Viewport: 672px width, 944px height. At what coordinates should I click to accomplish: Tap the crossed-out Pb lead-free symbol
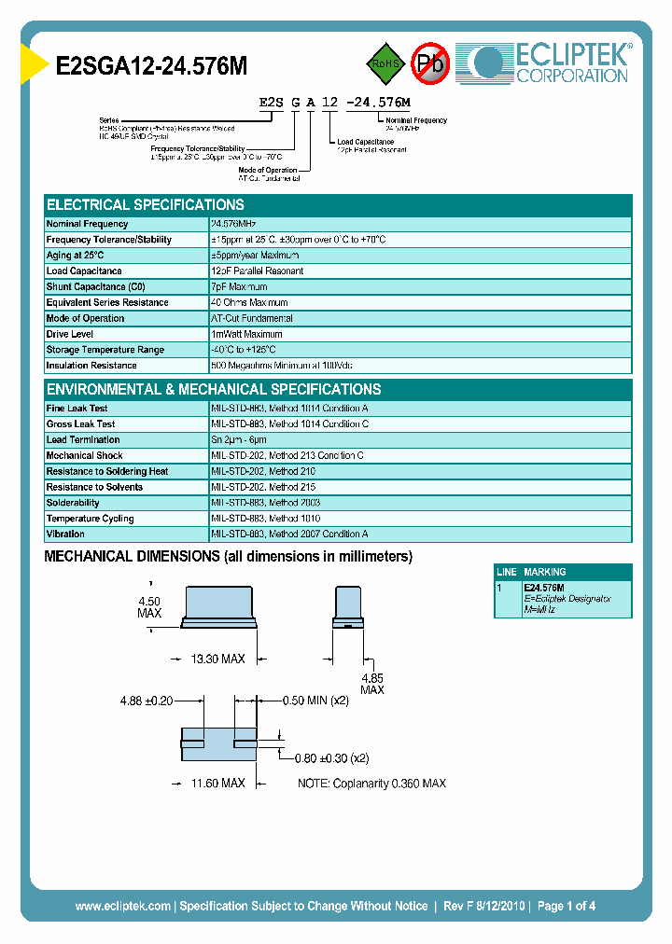pyautogui.click(x=430, y=63)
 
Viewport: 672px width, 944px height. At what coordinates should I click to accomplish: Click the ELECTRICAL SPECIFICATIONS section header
pyautogui.click(x=146, y=205)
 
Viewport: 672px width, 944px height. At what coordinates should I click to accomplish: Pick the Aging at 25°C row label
pyautogui.click(x=76, y=256)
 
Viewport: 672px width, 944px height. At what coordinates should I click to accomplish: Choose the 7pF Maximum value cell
pyautogui.click(x=240, y=287)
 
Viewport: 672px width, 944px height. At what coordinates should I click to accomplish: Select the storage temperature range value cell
pyautogui.click(x=257, y=350)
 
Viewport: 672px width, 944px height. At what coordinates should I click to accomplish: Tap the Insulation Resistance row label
pyautogui.click(x=91, y=366)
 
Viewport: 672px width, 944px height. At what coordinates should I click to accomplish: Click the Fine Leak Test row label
pyautogui.click(x=77, y=409)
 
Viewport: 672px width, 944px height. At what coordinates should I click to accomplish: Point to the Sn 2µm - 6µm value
pyautogui.click(x=239, y=440)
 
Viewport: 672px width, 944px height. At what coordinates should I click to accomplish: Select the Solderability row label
pyautogui.click(x=73, y=503)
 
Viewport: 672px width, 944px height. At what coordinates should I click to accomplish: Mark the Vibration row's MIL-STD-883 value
pyautogui.click(x=290, y=534)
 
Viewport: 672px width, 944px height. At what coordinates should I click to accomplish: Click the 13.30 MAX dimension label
pyautogui.click(x=217, y=659)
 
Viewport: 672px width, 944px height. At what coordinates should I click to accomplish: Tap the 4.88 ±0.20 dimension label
pyautogui.click(x=147, y=701)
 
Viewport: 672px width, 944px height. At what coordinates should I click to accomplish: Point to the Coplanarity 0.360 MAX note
pyautogui.click(x=371, y=784)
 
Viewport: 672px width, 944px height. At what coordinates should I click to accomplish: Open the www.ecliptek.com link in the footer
pyautogui.click(x=123, y=906)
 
